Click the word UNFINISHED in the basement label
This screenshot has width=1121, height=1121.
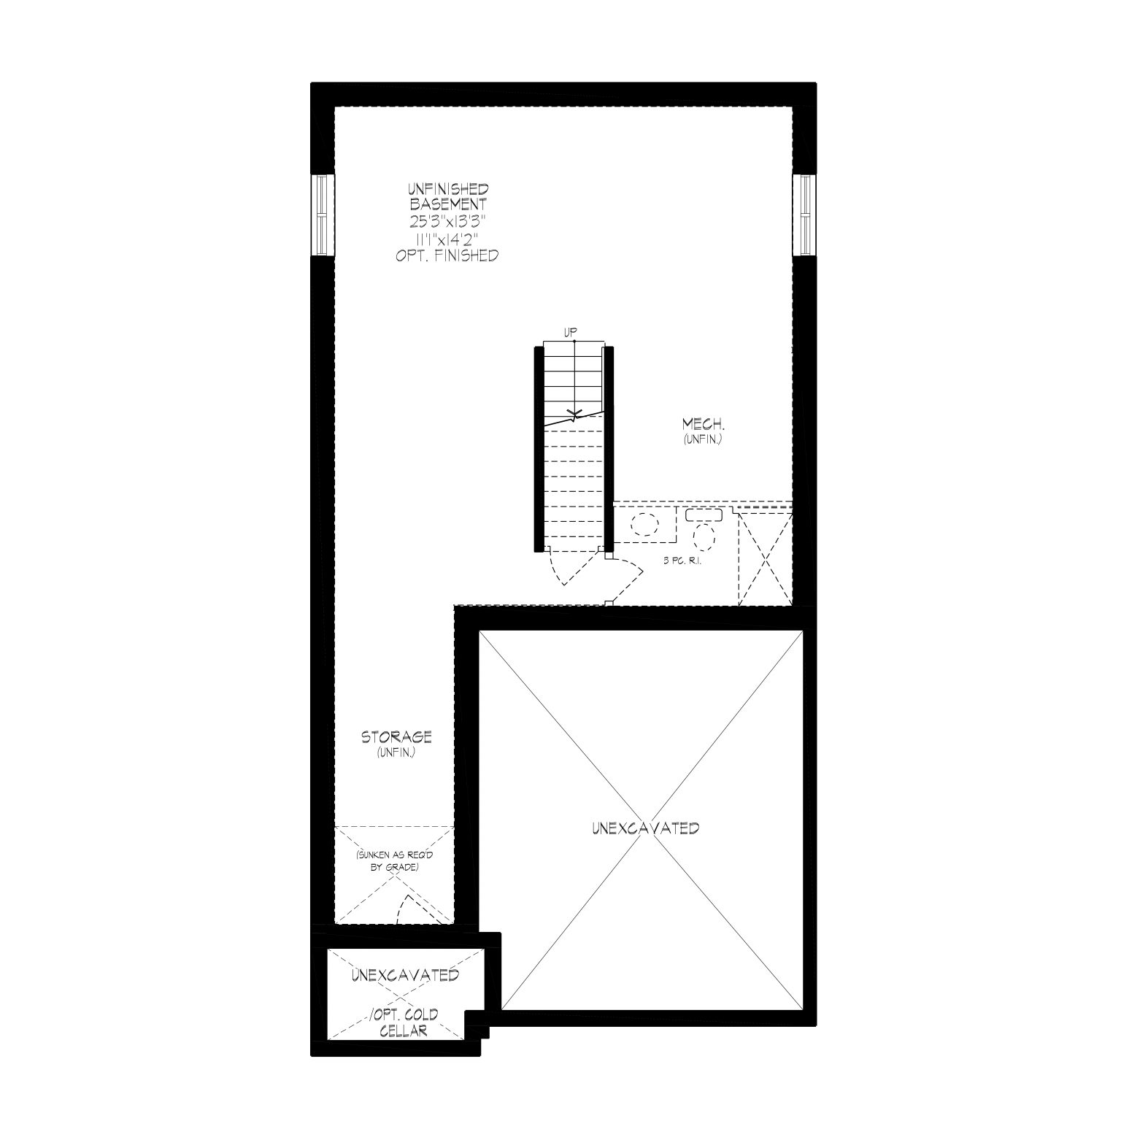point(449,190)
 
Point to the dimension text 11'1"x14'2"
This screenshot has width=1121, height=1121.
point(448,239)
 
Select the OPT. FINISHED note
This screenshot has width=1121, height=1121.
point(447,255)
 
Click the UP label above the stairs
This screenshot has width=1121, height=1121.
point(571,333)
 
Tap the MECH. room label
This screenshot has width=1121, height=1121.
point(703,424)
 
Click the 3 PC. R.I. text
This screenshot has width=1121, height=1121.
point(682,562)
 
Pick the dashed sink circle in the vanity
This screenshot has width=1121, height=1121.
point(644,525)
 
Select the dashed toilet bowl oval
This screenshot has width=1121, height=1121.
point(705,536)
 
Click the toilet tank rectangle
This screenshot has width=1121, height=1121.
point(704,515)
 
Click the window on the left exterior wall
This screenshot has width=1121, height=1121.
point(322,215)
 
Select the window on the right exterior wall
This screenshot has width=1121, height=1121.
point(804,215)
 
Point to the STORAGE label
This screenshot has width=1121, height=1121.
point(396,737)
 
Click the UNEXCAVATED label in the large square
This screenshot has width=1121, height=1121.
point(646,828)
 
